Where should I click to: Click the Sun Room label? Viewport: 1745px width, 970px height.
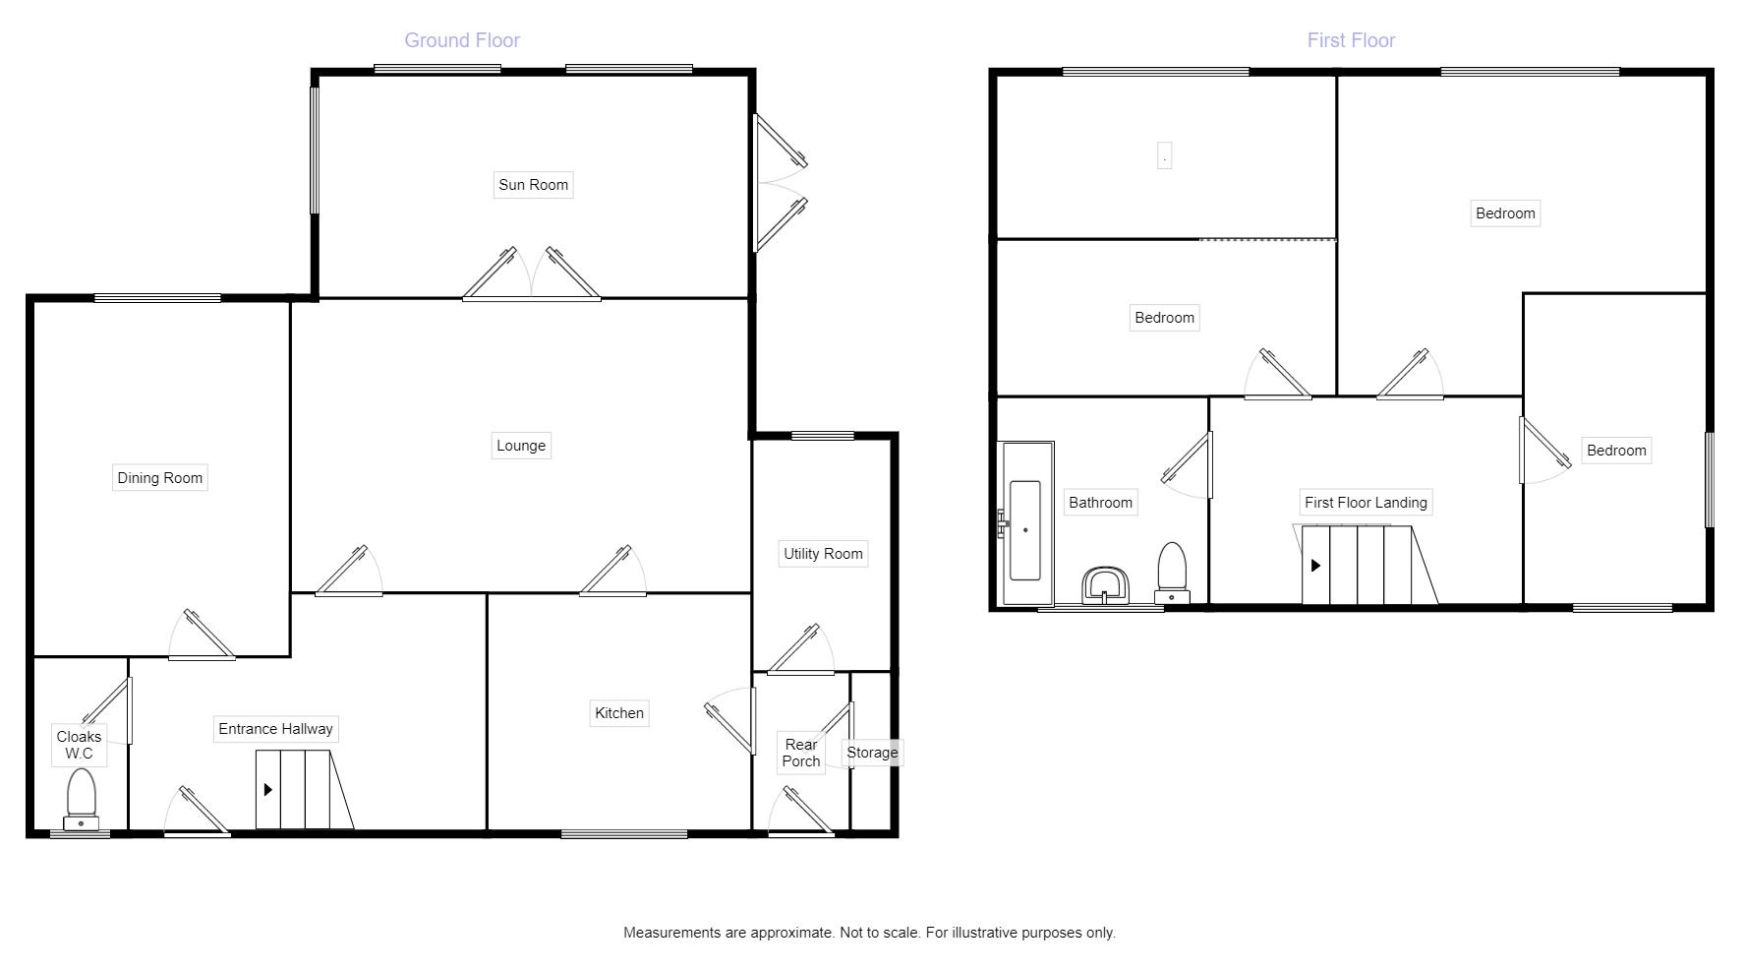(x=533, y=185)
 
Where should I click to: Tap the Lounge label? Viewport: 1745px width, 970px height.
(x=520, y=446)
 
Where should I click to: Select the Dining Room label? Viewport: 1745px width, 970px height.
(x=159, y=478)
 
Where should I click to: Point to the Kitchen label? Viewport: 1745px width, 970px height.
(x=618, y=713)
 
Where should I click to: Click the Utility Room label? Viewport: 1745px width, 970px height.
(x=823, y=554)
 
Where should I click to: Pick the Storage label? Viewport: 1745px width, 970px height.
(x=872, y=753)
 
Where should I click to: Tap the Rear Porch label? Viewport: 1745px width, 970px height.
(x=801, y=753)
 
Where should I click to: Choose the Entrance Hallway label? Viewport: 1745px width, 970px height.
(x=275, y=729)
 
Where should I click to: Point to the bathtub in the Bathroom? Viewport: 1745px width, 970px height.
(x=1025, y=529)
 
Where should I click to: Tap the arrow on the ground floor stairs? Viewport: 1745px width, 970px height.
(x=267, y=789)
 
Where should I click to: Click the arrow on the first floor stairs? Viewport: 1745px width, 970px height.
(x=1315, y=566)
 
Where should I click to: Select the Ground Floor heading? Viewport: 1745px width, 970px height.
(x=462, y=40)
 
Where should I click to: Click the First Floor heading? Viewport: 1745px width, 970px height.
(x=1351, y=40)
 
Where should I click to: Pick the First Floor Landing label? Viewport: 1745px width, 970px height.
(x=1366, y=503)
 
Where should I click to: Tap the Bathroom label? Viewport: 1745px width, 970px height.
(x=1100, y=503)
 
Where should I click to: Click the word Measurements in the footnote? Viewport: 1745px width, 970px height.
(x=670, y=933)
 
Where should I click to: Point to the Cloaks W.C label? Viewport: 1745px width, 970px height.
(x=79, y=745)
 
